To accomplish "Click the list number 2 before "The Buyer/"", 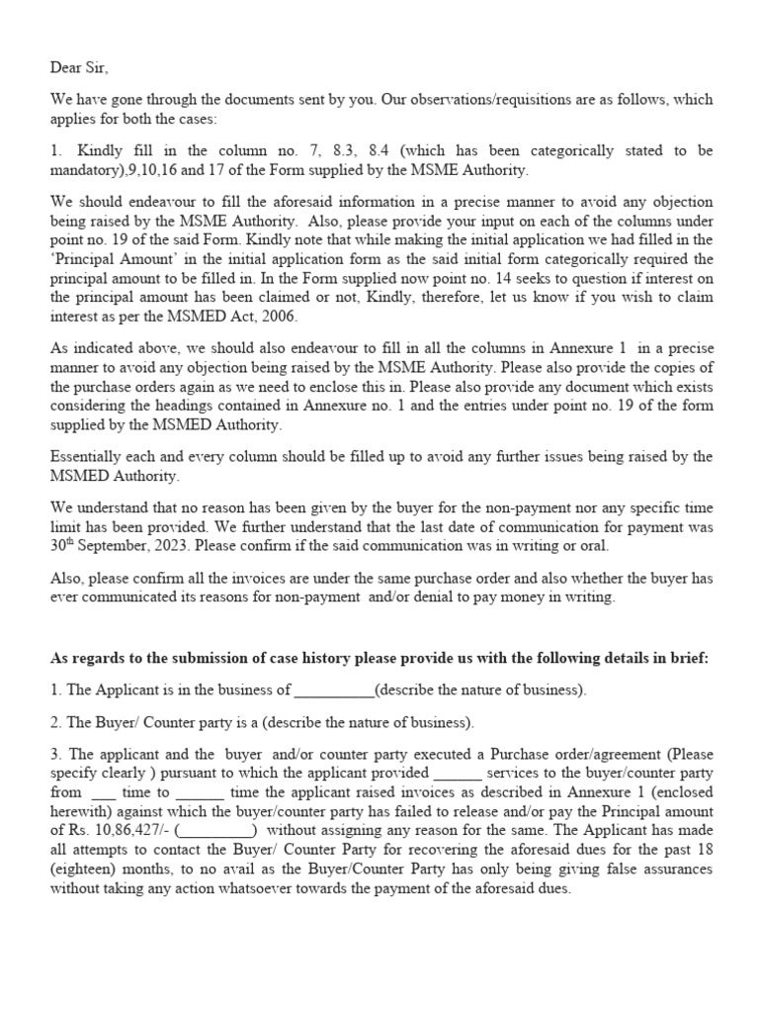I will click(54, 721).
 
